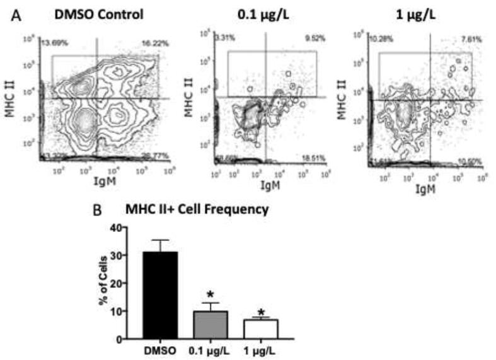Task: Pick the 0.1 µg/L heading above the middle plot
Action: tap(265, 13)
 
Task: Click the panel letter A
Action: tap(20, 15)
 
